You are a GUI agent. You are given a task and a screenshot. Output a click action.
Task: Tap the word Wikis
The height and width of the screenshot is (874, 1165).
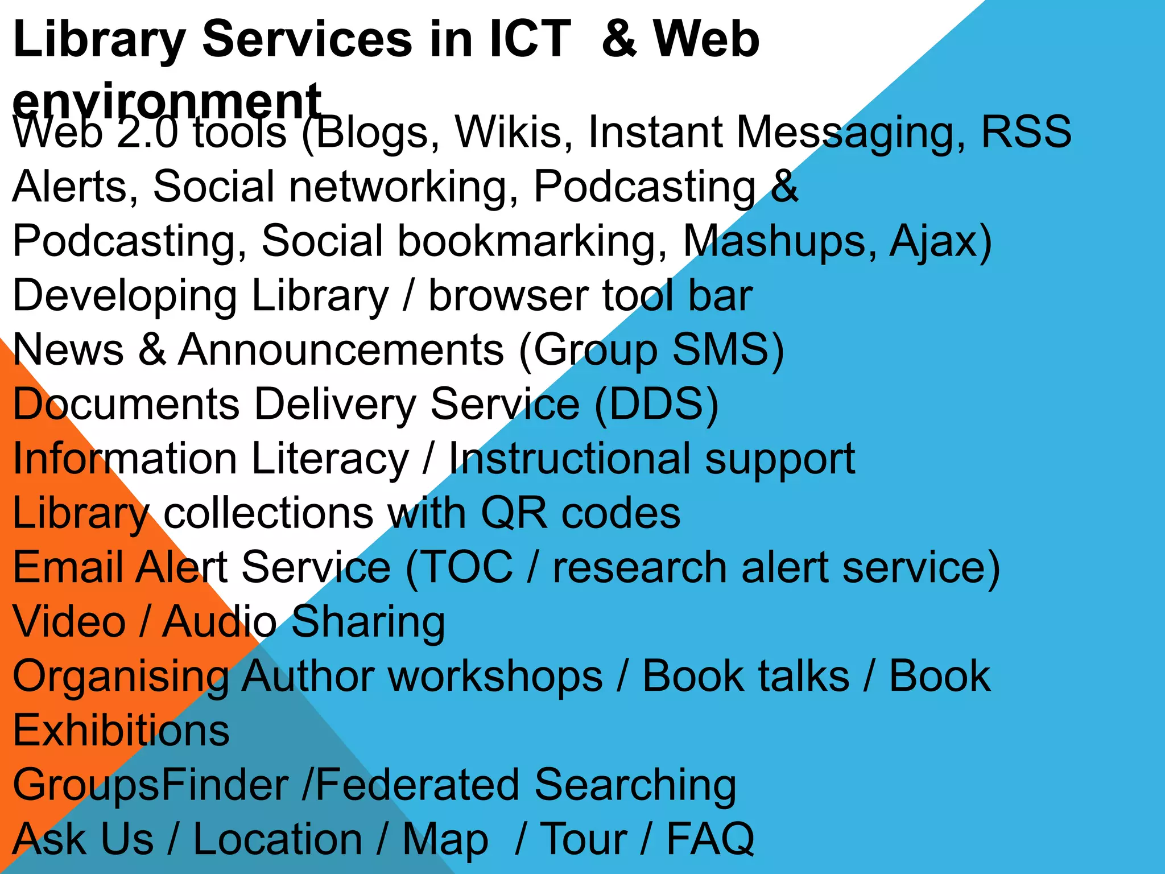pyautogui.click(x=514, y=132)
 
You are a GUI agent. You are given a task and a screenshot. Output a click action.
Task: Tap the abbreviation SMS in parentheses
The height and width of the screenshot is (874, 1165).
pyautogui.click(x=720, y=349)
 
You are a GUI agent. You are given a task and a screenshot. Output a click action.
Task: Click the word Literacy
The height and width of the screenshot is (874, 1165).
pyautogui.click(x=330, y=459)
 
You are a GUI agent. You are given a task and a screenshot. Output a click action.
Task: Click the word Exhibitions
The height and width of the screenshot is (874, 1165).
pyautogui.click(x=121, y=731)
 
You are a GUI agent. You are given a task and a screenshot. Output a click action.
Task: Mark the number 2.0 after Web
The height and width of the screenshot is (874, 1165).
pyautogui.click(x=147, y=132)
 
